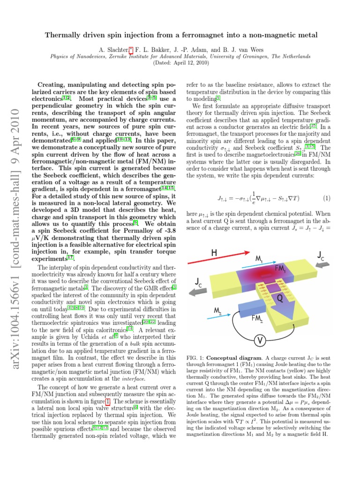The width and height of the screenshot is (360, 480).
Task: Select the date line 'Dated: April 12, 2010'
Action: coord(180,62)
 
